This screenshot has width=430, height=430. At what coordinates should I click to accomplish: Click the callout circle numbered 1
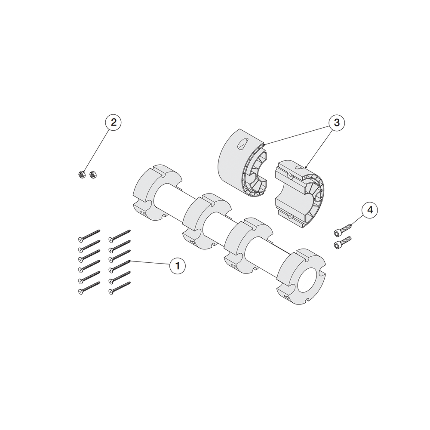(x=178, y=266)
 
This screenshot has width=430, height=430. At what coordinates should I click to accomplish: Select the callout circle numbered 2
(x=113, y=122)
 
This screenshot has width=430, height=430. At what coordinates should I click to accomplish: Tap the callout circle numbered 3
(x=337, y=123)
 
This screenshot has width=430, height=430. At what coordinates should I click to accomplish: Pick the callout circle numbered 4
(x=370, y=210)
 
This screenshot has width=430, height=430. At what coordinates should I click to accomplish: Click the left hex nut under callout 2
(x=81, y=174)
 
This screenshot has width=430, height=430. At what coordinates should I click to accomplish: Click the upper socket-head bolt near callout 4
(x=343, y=229)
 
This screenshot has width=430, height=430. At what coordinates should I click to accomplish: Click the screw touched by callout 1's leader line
(x=120, y=267)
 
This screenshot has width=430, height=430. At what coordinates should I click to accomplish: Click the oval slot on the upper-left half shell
(x=243, y=144)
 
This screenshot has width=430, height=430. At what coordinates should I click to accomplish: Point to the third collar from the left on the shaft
(x=249, y=246)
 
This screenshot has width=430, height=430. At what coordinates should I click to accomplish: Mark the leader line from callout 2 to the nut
(x=96, y=150)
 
